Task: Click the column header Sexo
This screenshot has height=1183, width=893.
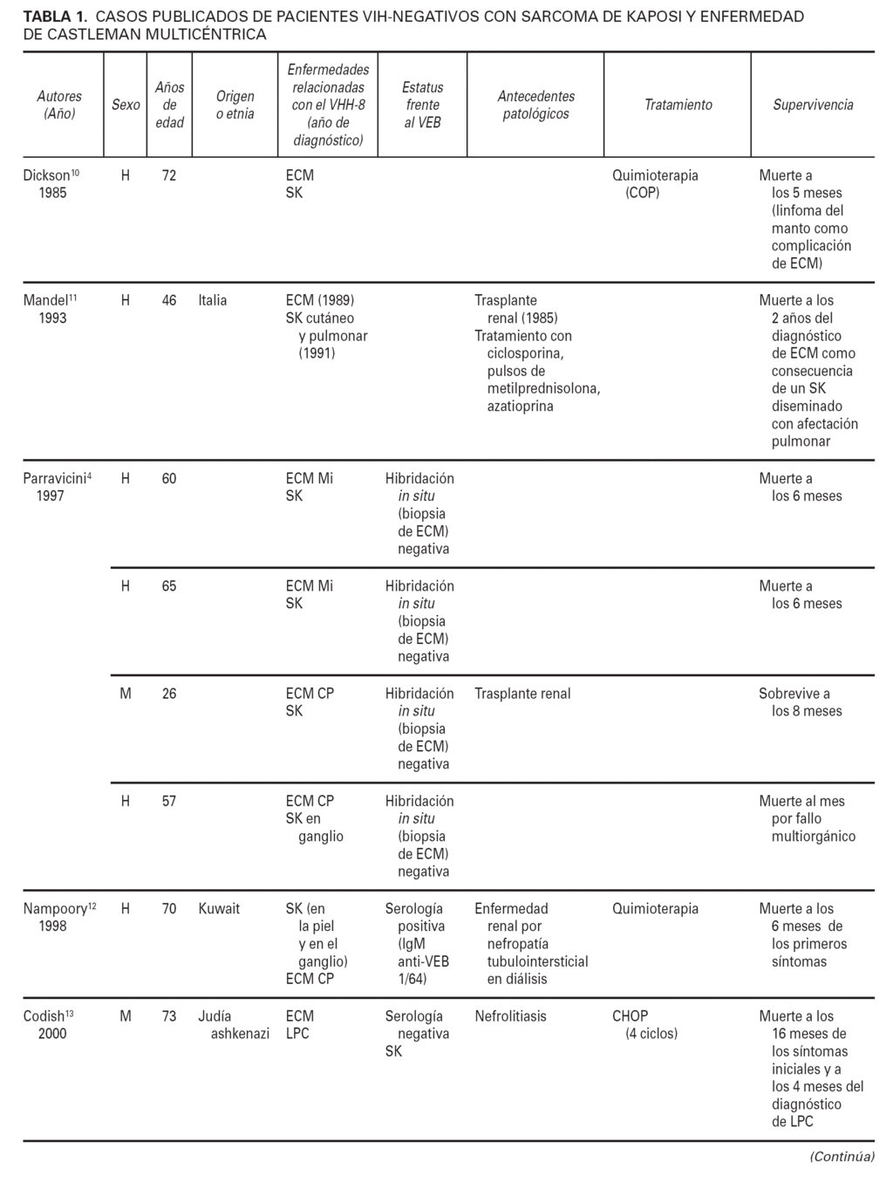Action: [x=126, y=105]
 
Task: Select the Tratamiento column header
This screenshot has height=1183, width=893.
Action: [x=678, y=105]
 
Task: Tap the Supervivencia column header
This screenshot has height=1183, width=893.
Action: [x=813, y=105]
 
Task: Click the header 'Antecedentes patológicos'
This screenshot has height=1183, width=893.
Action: [x=535, y=105]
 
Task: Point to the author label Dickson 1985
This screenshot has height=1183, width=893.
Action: [x=51, y=184]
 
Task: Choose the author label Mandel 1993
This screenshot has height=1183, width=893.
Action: [x=51, y=309]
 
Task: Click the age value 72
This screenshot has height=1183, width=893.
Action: [x=169, y=175]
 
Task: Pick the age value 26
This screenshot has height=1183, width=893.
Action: [x=169, y=694]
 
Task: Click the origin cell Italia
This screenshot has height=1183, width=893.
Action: [x=213, y=300]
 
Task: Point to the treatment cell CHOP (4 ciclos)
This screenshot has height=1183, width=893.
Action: [x=644, y=1024]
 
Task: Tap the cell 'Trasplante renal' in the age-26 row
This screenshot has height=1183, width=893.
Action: [x=522, y=694]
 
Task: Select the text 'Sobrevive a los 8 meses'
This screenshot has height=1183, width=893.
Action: [x=800, y=702]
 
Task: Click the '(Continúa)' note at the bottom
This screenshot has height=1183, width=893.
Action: [x=842, y=1156]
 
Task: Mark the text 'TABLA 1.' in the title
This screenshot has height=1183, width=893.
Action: [x=54, y=17]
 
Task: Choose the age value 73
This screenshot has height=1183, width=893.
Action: [x=169, y=1015]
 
